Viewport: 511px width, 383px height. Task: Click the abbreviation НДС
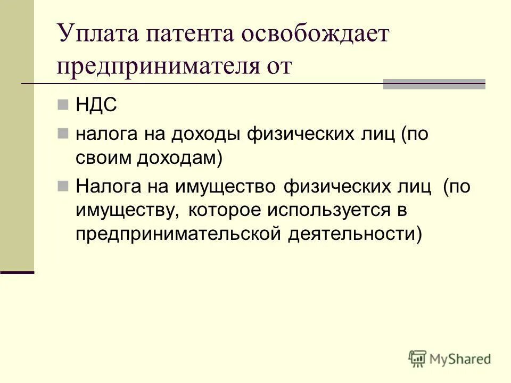pos(96,105)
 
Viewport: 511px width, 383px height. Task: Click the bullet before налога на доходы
pos(63,133)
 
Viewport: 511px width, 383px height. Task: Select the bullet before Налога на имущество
pos(63,186)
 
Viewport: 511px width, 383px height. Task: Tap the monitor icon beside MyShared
pos(418,358)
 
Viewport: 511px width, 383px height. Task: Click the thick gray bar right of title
pos(434,84)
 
